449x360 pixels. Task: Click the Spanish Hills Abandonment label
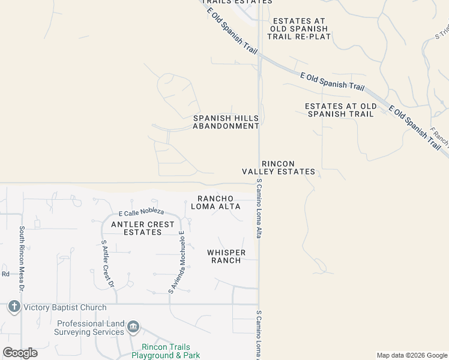pyautogui.click(x=226, y=122)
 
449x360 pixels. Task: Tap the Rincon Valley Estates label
pyautogui.click(x=278, y=167)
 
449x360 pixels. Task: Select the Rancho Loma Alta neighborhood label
pyautogui.click(x=215, y=203)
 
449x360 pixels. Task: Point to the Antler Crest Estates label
pyautogui.click(x=143, y=228)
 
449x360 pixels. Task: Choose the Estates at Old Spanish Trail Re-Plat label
pyautogui.click(x=299, y=28)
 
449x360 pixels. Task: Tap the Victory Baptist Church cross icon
pyautogui.click(x=14, y=307)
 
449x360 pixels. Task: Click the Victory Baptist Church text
pyautogui.click(x=65, y=308)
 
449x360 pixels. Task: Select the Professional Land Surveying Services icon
pyautogui.click(x=133, y=327)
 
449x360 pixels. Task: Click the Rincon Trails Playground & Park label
pyautogui.click(x=166, y=352)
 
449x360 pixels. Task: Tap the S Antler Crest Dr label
pyautogui.click(x=107, y=264)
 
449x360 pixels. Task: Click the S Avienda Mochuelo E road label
pyautogui.click(x=178, y=264)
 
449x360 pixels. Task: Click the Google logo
pyautogui.click(x=20, y=353)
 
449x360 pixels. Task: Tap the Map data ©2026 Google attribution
pyautogui.click(x=411, y=355)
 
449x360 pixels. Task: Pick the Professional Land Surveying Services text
pyautogui.click(x=90, y=328)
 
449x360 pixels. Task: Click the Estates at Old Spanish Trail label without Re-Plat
pyautogui.click(x=340, y=110)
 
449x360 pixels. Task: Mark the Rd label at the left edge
pyautogui.click(x=5, y=274)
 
